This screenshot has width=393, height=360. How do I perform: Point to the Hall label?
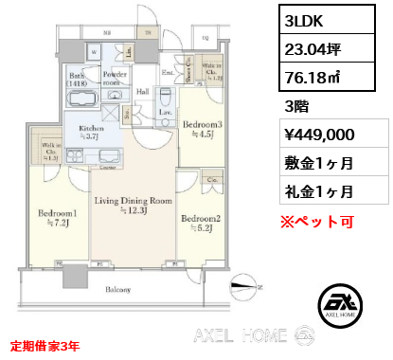tap(142, 91)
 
